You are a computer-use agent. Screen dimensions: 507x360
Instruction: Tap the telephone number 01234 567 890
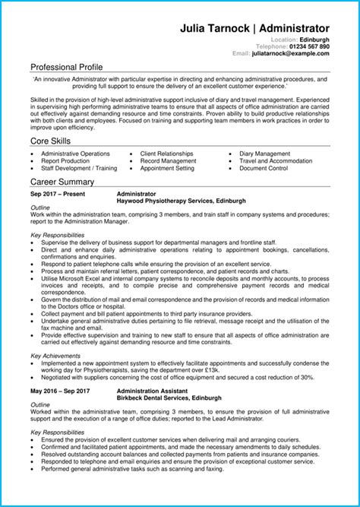click(x=305, y=46)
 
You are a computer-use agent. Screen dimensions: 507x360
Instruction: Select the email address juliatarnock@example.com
click(x=291, y=54)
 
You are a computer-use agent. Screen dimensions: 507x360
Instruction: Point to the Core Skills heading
click(x=52, y=141)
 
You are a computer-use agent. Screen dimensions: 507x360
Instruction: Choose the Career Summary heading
click(x=62, y=182)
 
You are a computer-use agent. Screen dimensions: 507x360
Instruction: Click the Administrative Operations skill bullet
click(x=75, y=154)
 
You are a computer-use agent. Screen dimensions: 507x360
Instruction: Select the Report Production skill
click(x=65, y=161)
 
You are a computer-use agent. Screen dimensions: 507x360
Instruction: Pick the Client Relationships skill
click(x=166, y=154)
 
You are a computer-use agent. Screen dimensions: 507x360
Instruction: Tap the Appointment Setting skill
click(x=167, y=169)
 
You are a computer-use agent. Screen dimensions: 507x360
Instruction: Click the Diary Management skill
click(x=264, y=154)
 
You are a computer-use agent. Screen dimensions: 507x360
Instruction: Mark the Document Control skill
click(x=263, y=169)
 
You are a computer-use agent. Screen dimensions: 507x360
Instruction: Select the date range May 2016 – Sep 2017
click(x=60, y=391)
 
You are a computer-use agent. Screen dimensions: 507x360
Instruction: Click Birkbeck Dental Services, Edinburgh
click(x=169, y=398)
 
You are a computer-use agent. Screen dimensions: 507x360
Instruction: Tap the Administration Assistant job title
click(x=156, y=391)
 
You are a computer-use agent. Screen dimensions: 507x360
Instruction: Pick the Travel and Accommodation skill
click(x=276, y=161)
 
